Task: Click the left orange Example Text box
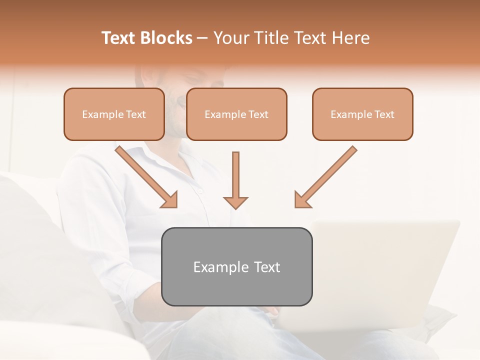pyautogui.click(x=114, y=114)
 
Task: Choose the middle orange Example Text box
pyautogui.click(x=236, y=114)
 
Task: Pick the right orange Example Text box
pyautogui.click(x=362, y=114)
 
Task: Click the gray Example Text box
pyautogui.click(x=237, y=266)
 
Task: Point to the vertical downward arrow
pyautogui.click(x=235, y=177)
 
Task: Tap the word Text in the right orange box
pyautogui.click(x=384, y=114)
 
